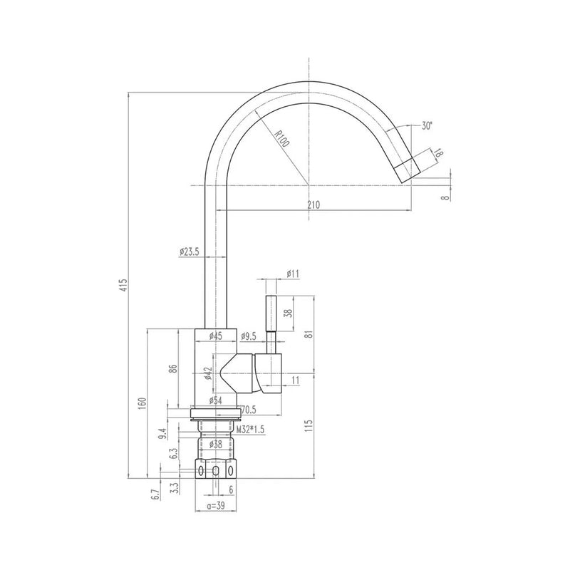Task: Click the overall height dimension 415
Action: pyautogui.click(x=123, y=286)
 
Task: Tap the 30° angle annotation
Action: pyautogui.click(x=427, y=125)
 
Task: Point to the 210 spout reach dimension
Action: pyautogui.click(x=313, y=204)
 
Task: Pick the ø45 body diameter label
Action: pyautogui.click(x=214, y=336)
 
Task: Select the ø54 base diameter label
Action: pyautogui.click(x=214, y=401)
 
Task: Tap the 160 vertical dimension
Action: pyautogui.click(x=142, y=404)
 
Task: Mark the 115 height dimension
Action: pyautogui.click(x=309, y=427)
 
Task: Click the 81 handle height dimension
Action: pyautogui.click(x=309, y=336)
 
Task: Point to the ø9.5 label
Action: pyautogui.click(x=249, y=336)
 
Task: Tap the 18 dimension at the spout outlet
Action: pyautogui.click(x=438, y=153)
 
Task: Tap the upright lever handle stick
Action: pyautogui.click(x=271, y=314)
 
